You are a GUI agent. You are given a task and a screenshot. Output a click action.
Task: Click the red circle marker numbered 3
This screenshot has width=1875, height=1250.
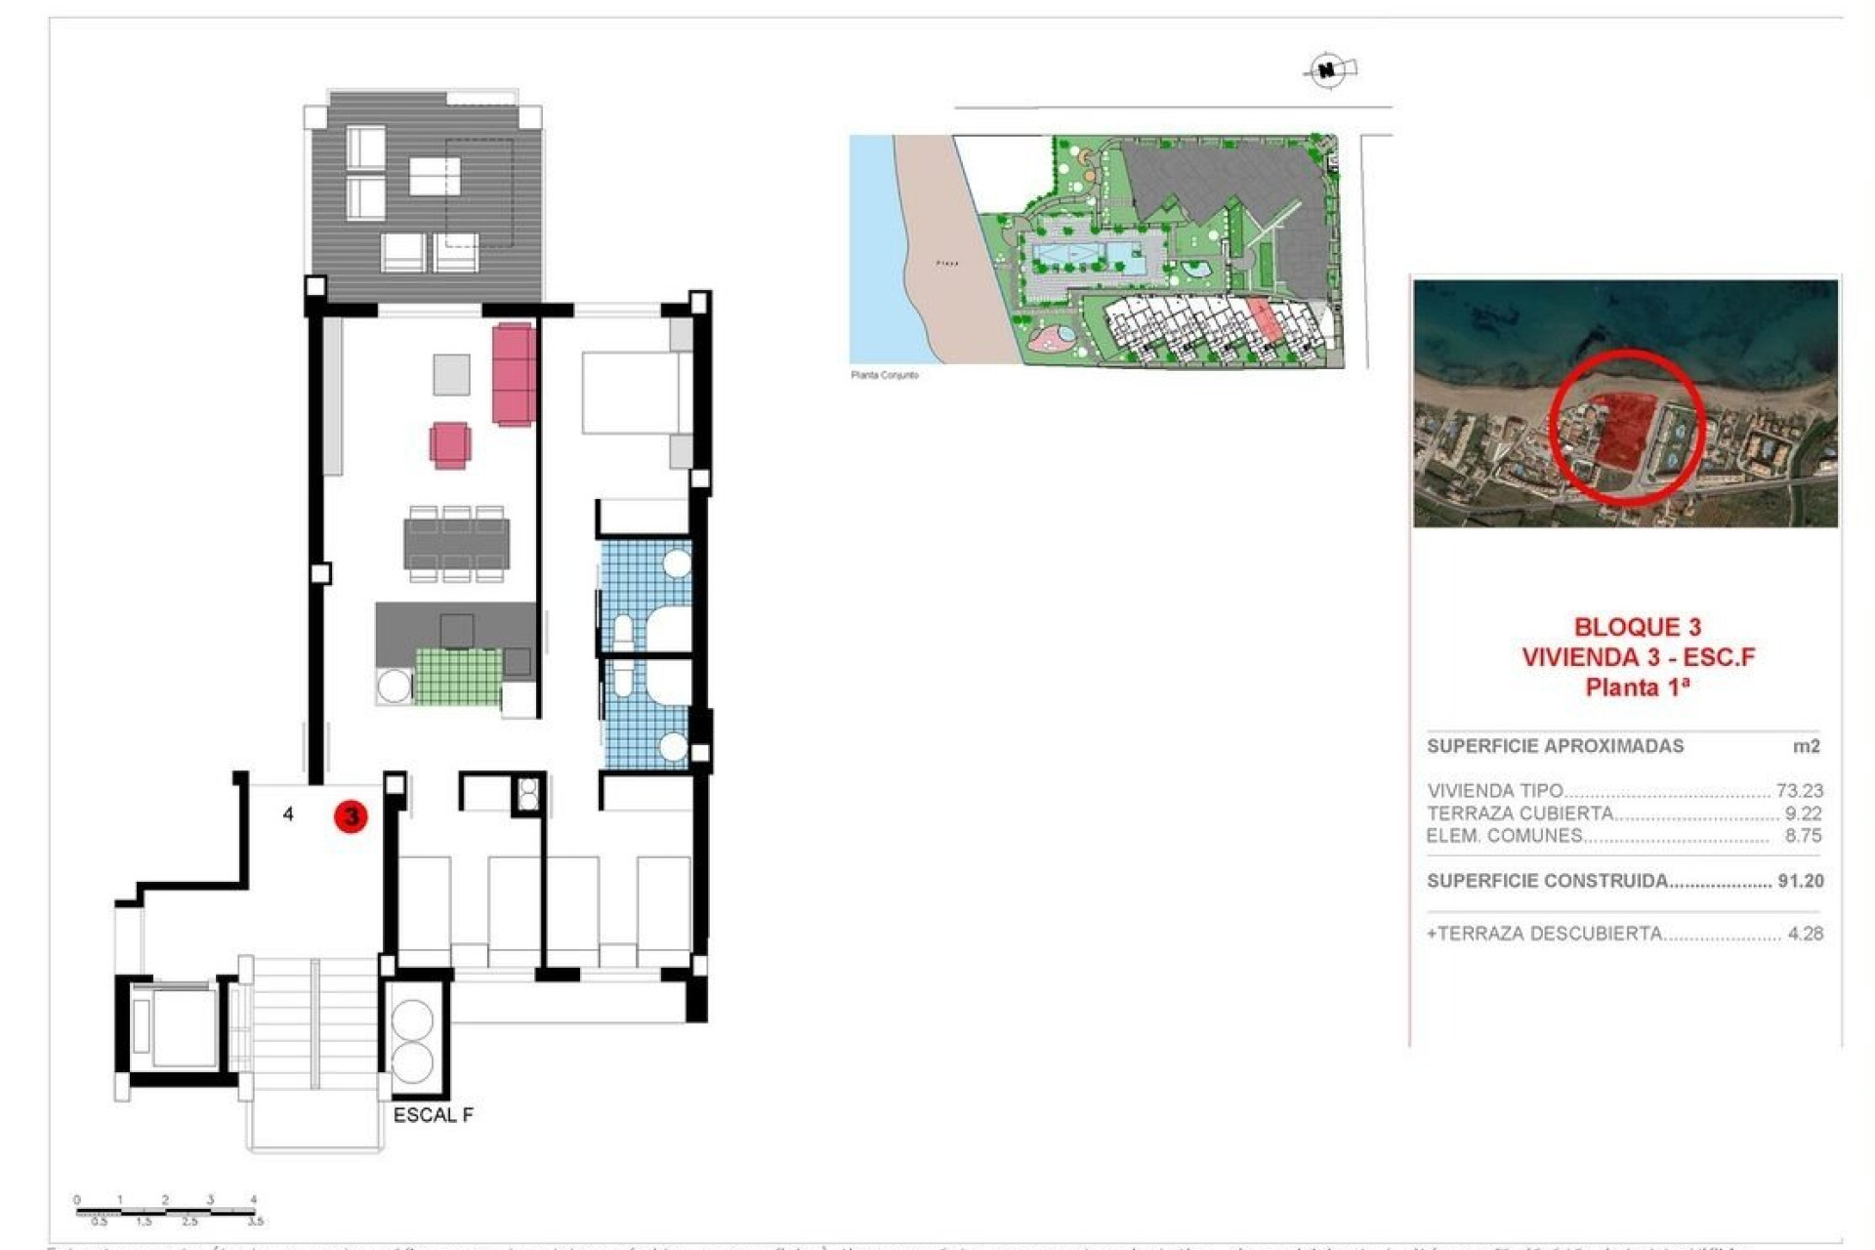pyautogui.click(x=351, y=816)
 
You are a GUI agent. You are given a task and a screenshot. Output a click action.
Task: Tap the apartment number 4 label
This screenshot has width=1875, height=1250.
pyautogui.click(x=288, y=813)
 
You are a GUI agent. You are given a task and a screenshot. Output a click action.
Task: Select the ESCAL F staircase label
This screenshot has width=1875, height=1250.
pyautogui.click(x=433, y=1115)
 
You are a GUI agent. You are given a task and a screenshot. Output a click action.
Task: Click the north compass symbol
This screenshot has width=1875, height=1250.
pyautogui.click(x=1328, y=70)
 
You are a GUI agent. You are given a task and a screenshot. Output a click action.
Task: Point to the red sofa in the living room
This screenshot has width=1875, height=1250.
pyautogui.click(x=514, y=374)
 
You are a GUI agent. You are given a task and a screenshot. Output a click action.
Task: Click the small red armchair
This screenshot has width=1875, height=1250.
pyautogui.click(x=450, y=444)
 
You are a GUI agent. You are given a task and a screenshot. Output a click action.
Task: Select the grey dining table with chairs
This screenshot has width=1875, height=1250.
pyautogui.click(x=456, y=544)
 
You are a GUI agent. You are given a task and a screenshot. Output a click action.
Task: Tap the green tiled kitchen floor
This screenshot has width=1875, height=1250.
pyautogui.click(x=458, y=676)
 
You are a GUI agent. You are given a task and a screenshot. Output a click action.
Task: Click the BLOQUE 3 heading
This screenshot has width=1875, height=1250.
pyautogui.click(x=1637, y=627)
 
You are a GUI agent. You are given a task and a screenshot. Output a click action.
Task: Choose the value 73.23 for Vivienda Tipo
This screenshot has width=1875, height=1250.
pyautogui.click(x=1799, y=791)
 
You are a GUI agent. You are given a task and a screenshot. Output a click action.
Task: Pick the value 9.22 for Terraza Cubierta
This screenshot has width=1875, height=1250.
pyautogui.click(x=1803, y=813)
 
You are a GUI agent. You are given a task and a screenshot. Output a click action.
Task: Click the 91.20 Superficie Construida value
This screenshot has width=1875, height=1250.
pyautogui.click(x=1800, y=881)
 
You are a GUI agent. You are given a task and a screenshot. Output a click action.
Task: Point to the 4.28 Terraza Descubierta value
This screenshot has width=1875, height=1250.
pyautogui.click(x=1805, y=934)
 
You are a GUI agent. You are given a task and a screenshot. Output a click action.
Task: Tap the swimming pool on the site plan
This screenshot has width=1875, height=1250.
pyautogui.click(x=1090, y=258)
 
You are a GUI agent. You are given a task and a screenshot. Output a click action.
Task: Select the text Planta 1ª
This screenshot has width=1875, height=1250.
pyautogui.click(x=1637, y=687)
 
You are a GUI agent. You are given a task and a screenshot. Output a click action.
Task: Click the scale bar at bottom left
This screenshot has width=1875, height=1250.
pyautogui.click(x=167, y=1211)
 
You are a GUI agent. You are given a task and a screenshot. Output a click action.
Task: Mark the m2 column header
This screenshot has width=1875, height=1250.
pyautogui.click(x=1806, y=746)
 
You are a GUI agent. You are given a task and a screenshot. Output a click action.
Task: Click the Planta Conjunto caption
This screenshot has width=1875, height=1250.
pyautogui.click(x=885, y=375)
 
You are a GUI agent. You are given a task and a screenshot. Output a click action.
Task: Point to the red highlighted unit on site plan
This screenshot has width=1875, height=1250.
pyautogui.click(x=1264, y=320)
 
